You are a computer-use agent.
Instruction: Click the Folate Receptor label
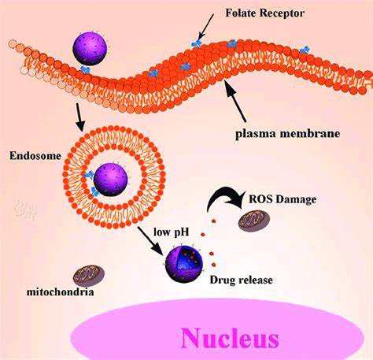tap(265, 13)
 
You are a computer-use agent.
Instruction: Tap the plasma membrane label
tap(287, 133)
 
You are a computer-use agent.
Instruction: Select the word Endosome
tap(35, 156)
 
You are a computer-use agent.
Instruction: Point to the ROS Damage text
tap(283, 199)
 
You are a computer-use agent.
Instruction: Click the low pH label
tap(172, 232)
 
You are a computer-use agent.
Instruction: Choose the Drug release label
tap(241, 280)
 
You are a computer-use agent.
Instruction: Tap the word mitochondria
tap(60, 292)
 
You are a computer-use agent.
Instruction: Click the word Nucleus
tap(230, 338)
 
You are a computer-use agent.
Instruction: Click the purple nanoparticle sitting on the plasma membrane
tap(90, 49)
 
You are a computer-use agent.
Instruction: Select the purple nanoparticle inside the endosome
tap(110, 180)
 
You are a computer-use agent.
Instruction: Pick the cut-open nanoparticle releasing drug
tap(184, 264)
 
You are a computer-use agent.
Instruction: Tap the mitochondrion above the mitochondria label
tap(89, 276)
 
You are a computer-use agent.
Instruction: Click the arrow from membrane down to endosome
tap(79, 117)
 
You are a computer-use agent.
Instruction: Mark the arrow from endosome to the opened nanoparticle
tap(151, 241)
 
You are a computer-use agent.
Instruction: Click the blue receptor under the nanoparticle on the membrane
tap(85, 69)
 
